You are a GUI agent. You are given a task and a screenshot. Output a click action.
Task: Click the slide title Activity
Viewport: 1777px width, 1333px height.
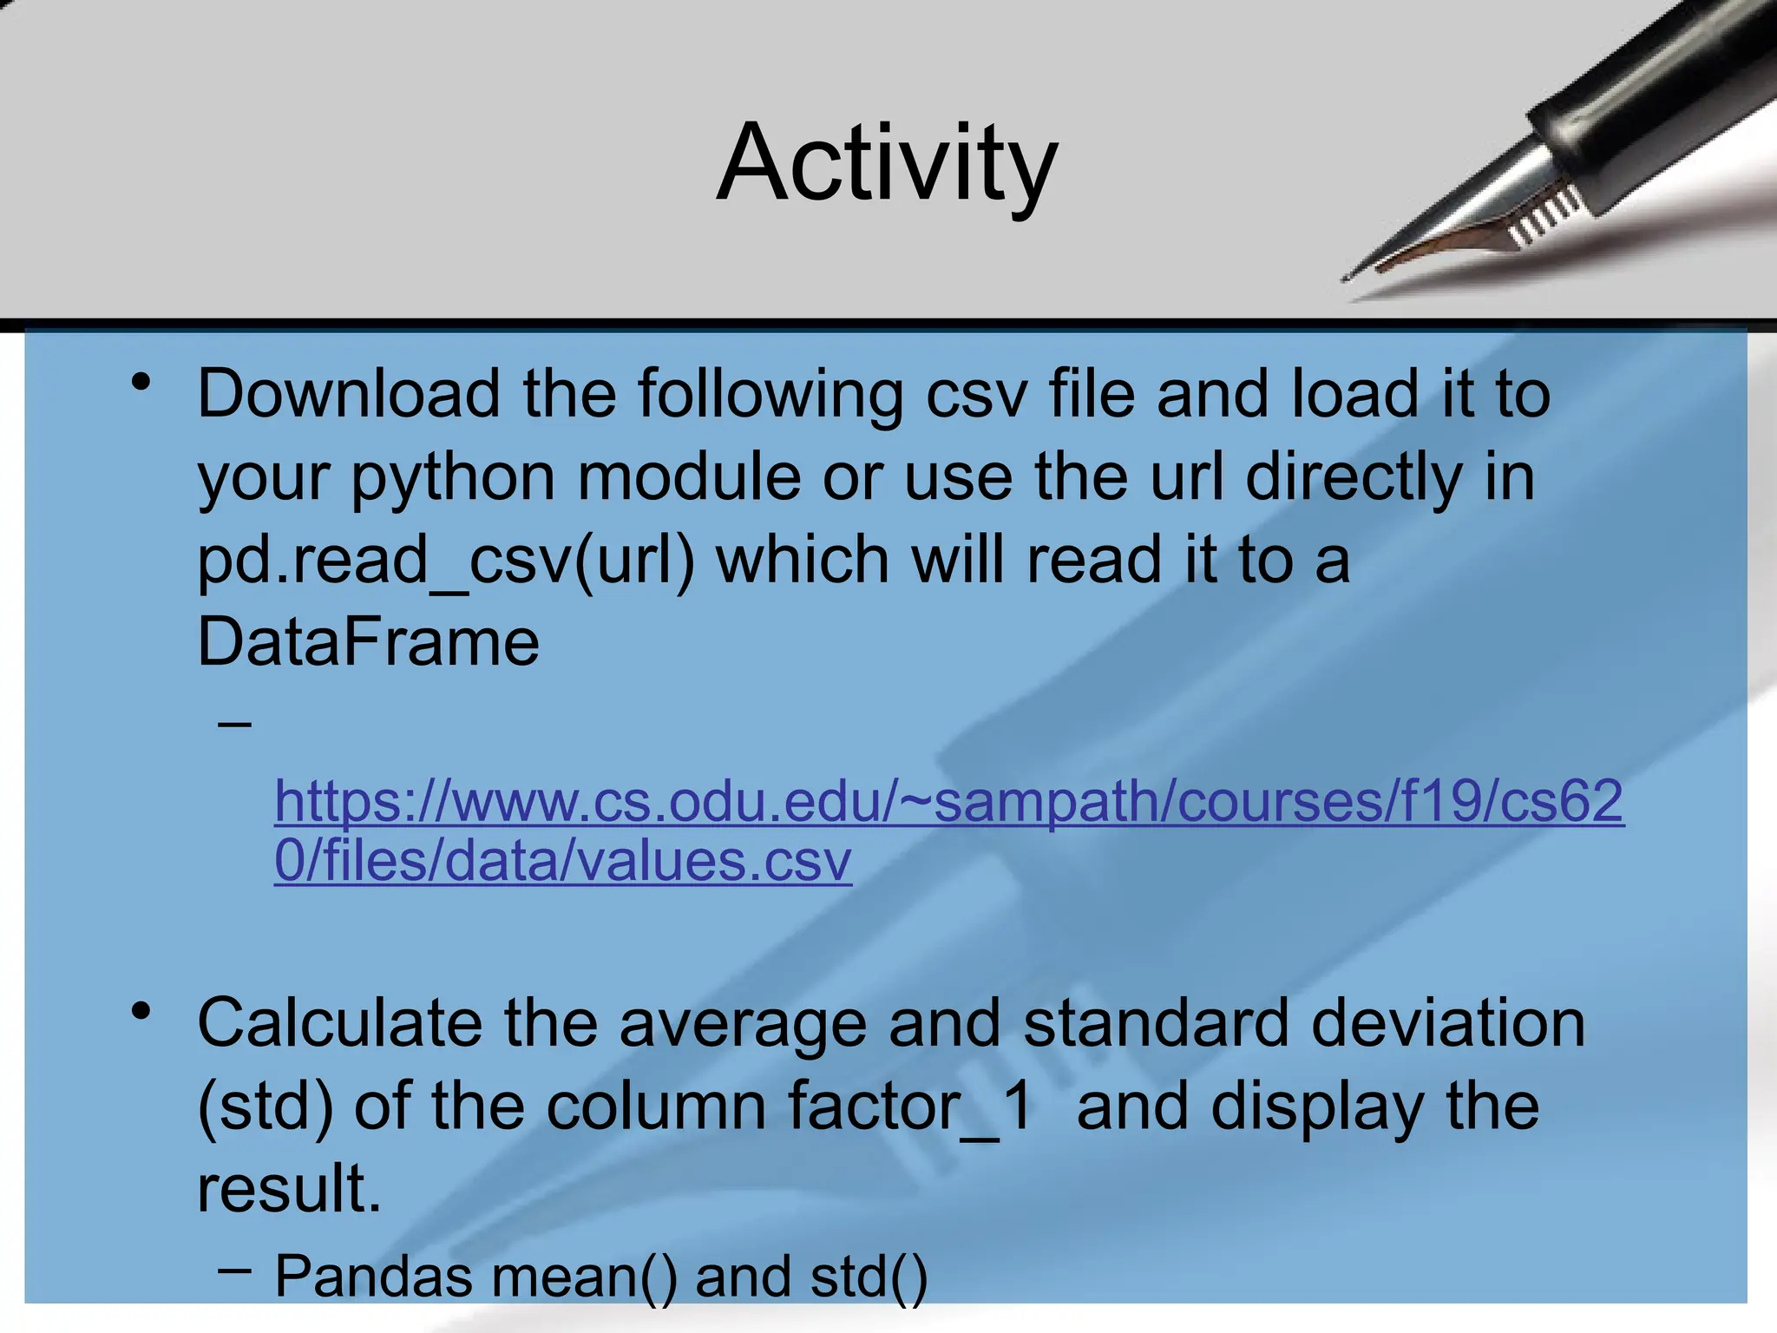pos(887,163)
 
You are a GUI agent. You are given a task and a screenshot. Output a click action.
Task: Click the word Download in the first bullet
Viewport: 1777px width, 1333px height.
pos(348,395)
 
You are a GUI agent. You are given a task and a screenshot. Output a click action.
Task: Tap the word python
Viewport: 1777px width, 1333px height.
pos(453,477)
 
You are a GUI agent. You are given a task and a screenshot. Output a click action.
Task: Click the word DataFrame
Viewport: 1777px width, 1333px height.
pos(368,642)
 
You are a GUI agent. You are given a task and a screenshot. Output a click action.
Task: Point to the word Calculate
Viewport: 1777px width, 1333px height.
pos(339,1024)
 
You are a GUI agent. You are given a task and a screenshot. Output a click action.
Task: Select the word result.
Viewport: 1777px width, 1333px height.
pos(289,1189)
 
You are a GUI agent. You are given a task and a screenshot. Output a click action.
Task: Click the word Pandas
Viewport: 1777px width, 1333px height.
pos(374,1277)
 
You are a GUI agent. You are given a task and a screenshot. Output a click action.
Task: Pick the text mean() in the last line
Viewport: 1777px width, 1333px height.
pos(584,1277)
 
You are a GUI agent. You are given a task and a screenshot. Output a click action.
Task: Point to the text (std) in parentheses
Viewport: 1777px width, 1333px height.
pos(266,1106)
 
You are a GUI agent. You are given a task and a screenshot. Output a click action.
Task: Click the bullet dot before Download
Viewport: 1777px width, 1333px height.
pos(141,382)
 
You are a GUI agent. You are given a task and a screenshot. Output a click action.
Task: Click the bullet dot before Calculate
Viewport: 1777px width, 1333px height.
pos(141,1011)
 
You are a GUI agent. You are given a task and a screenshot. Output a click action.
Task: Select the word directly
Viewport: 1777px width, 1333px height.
pos(1354,477)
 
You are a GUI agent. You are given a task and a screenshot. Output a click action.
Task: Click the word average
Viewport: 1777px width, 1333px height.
pos(743,1024)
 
